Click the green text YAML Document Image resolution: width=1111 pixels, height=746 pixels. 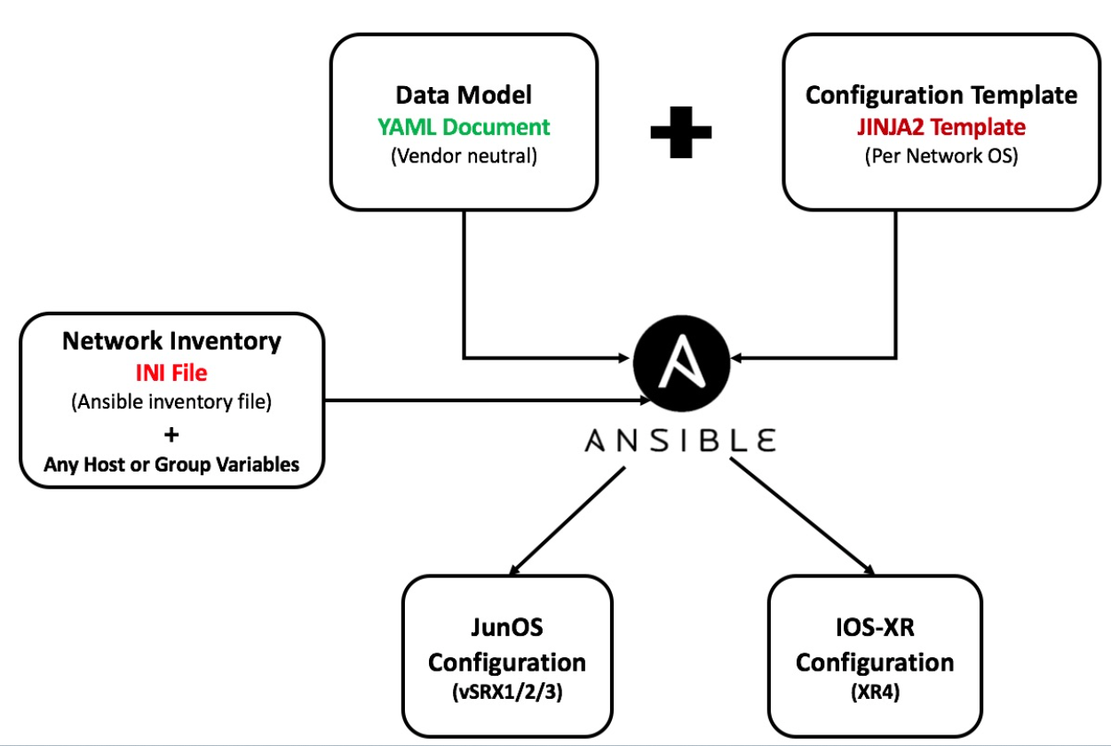click(x=464, y=126)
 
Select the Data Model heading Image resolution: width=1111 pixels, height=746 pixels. click(x=464, y=95)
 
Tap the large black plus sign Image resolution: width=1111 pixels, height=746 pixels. click(x=680, y=131)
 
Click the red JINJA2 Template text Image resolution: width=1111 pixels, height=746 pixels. click(x=941, y=126)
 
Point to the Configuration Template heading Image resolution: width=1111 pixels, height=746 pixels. click(x=941, y=95)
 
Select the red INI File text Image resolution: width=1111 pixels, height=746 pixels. click(x=171, y=371)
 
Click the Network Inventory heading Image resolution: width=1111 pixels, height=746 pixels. click(x=171, y=340)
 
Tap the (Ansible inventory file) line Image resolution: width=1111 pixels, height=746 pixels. click(x=171, y=402)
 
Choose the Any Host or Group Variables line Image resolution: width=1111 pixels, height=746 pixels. click(x=171, y=464)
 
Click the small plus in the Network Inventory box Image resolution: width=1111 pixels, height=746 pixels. click(x=171, y=434)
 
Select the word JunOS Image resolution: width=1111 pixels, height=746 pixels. click(x=506, y=628)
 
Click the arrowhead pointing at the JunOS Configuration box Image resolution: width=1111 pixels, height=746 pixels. click(x=515, y=569)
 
